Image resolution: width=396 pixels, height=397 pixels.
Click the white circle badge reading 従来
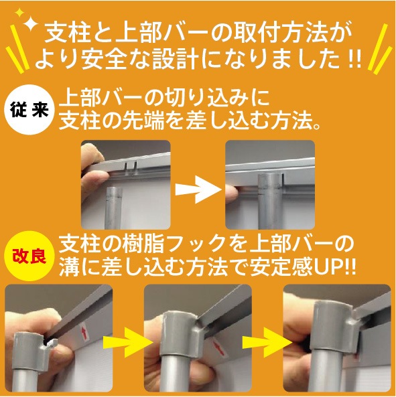coord(31,110)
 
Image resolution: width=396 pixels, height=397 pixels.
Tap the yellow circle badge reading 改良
coord(31,256)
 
